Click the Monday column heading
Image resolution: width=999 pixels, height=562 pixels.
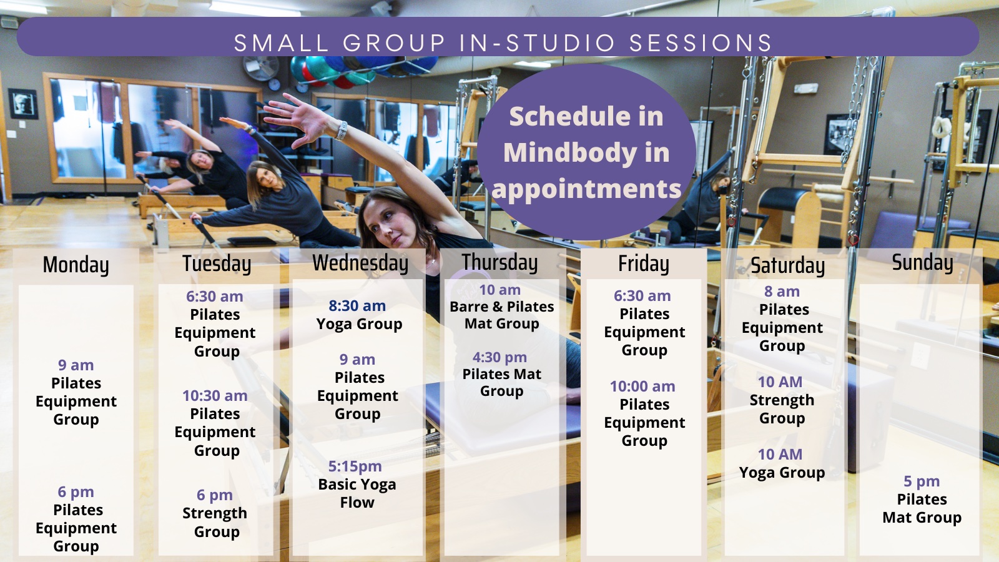point(76,264)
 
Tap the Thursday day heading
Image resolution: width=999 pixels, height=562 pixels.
point(499,262)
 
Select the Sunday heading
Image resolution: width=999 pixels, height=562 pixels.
point(922,262)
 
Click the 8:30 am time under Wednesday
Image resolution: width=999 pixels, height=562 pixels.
point(357,305)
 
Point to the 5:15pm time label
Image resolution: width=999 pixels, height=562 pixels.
point(355,466)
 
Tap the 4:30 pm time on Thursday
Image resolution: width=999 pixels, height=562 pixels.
point(499,357)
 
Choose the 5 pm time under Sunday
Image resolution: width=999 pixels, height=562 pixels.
point(922,481)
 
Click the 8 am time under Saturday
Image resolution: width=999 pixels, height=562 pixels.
point(782,291)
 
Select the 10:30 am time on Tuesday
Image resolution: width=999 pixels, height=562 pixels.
point(215,396)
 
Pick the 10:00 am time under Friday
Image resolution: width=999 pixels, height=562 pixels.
point(642,386)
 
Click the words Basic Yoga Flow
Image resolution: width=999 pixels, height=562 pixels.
point(357,493)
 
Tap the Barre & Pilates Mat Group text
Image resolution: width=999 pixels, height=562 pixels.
point(502,315)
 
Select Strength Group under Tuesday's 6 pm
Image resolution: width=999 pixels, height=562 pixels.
point(215,522)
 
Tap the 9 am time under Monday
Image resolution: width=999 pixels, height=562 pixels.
point(76,365)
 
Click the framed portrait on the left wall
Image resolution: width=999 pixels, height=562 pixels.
point(22,104)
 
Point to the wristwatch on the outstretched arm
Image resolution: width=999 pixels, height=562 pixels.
point(341,131)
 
